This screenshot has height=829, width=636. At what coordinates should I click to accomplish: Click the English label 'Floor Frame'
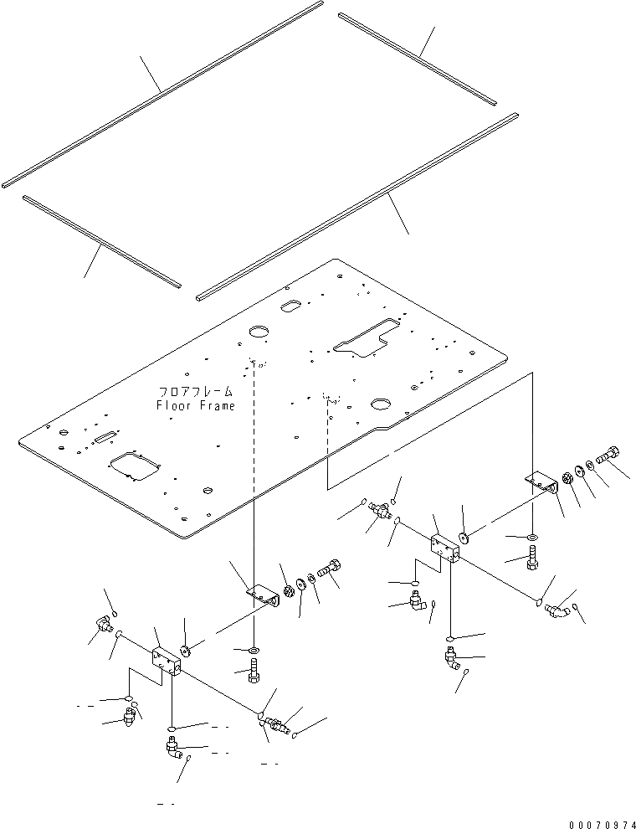(195, 406)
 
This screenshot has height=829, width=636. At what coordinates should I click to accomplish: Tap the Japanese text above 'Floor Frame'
(195, 392)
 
